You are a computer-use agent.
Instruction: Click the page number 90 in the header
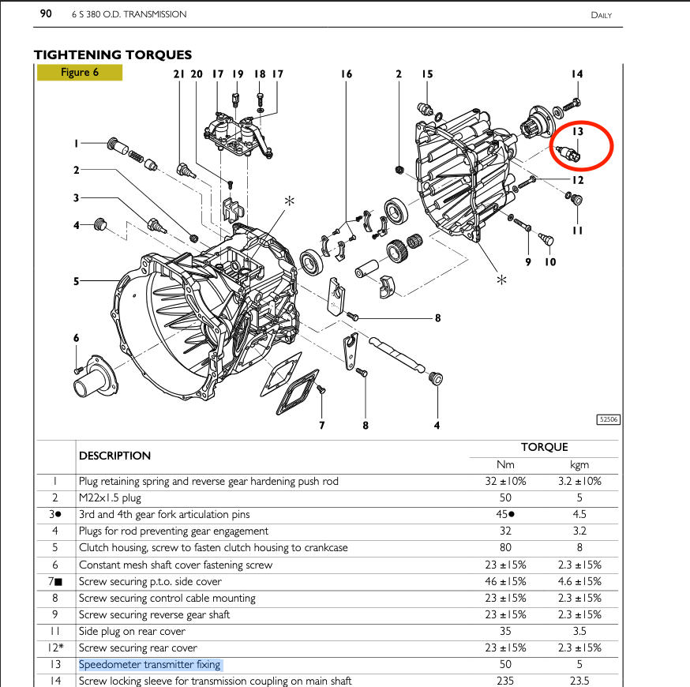tap(45, 14)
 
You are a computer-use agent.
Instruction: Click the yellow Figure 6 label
tap(79, 73)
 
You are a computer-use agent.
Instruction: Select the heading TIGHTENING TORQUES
tap(112, 54)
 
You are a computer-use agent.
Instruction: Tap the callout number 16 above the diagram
tap(346, 74)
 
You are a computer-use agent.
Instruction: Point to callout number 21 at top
tap(178, 74)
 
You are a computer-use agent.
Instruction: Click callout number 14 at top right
tap(576, 74)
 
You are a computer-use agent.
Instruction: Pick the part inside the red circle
tap(569, 153)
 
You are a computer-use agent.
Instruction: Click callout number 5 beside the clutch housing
tap(77, 280)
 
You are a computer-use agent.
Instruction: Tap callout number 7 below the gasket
tap(321, 426)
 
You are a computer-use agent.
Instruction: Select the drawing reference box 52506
tap(608, 420)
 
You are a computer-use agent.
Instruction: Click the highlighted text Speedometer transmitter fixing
tap(150, 664)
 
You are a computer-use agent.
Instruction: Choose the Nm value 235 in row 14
tap(505, 681)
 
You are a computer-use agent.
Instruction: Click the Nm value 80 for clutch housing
tap(505, 547)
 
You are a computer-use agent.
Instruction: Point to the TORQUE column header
tap(544, 447)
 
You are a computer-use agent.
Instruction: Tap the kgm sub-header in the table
tap(579, 464)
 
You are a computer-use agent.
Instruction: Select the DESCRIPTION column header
tap(114, 456)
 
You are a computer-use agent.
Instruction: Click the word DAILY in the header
tap(601, 15)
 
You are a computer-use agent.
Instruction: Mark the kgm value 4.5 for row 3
tap(579, 514)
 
